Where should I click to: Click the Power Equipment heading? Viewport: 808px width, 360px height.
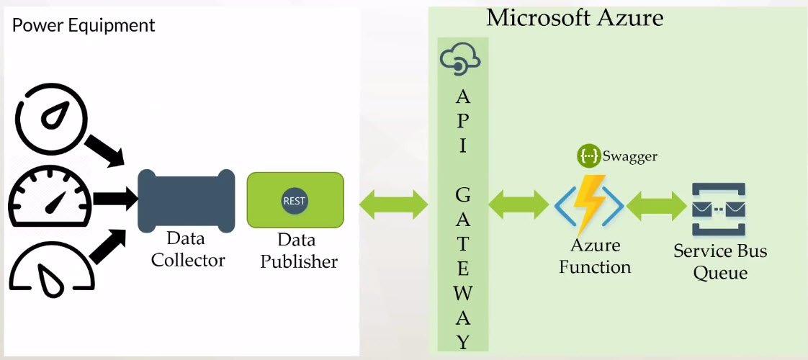[84, 26]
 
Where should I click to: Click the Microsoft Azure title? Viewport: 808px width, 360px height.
[575, 17]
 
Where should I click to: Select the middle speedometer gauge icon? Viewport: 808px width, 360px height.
[50, 199]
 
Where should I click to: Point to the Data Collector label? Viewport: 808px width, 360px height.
[187, 249]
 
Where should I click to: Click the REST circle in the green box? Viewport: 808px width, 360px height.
[295, 201]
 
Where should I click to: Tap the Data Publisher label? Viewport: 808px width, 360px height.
[298, 251]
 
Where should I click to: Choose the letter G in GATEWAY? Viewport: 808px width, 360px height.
[463, 194]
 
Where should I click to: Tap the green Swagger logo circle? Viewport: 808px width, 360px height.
[588, 155]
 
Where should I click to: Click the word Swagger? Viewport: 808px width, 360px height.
[631, 156]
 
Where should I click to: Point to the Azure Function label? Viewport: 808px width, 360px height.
[595, 256]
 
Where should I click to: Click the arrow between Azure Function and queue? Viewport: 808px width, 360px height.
[656, 206]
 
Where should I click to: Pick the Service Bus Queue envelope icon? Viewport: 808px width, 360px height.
[718, 210]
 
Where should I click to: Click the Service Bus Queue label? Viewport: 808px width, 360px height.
[720, 262]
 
